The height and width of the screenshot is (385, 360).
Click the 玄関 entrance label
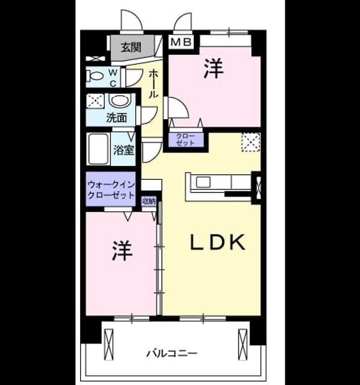tap(131, 47)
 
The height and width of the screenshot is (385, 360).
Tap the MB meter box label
tap(181, 42)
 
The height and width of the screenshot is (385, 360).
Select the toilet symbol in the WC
tap(95, 76)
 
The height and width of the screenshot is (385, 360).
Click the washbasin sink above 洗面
tap(119, 100)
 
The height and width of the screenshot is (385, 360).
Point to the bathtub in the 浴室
tap(98, 149)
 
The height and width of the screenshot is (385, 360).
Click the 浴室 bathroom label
tap(123, 150)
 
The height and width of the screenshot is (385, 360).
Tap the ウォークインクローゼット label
tap(111, 189)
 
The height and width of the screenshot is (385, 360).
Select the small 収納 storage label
tap(149, 202)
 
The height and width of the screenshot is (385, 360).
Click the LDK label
tap(218, 242)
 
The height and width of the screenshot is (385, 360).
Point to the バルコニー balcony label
tap(172, 354)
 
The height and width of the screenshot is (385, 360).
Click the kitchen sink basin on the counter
tap(203, 182)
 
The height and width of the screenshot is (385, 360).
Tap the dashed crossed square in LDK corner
tap(250, 142)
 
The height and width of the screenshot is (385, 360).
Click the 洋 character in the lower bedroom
tap(122, 250)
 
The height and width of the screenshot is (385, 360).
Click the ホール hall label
tap(153, 84)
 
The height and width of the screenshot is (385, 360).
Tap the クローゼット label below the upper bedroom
tap(185, 140)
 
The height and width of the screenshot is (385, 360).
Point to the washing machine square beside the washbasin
tap(95, 100)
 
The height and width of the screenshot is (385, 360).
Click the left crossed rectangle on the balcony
tap(108, 345)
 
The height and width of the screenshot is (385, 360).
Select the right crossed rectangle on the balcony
tap(243, 345)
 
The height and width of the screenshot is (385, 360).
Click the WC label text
tap(113, 78)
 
